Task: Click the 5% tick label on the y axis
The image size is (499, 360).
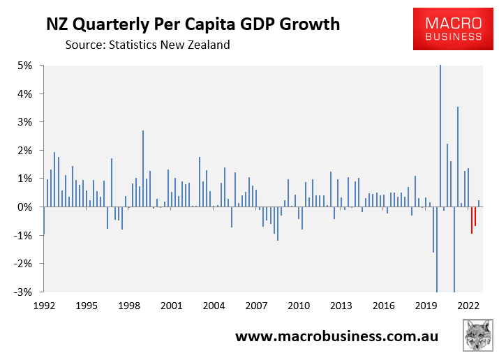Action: click(x=25, y=66)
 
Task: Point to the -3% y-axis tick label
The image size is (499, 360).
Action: click(x=24, y=292)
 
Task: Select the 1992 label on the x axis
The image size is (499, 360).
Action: click(x=44, y=306)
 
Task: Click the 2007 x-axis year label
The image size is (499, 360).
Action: click(x=256, y=306)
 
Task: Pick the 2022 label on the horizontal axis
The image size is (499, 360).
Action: click(x=468, y=306)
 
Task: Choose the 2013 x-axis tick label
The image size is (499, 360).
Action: click(x=341, y=306)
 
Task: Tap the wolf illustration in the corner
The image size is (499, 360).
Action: click(x=477, y=336)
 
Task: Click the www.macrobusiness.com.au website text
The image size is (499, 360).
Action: click(x=336, y=337)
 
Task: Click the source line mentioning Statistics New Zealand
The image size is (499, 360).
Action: click(x=147, y=45)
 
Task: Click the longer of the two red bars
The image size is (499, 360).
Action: click(x=472, y=220)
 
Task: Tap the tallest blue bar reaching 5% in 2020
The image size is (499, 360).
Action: click(x=440, y=136)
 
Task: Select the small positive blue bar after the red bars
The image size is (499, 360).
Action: click(x=479, y=204)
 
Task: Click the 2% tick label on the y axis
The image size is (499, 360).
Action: click(x=25, y=151)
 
